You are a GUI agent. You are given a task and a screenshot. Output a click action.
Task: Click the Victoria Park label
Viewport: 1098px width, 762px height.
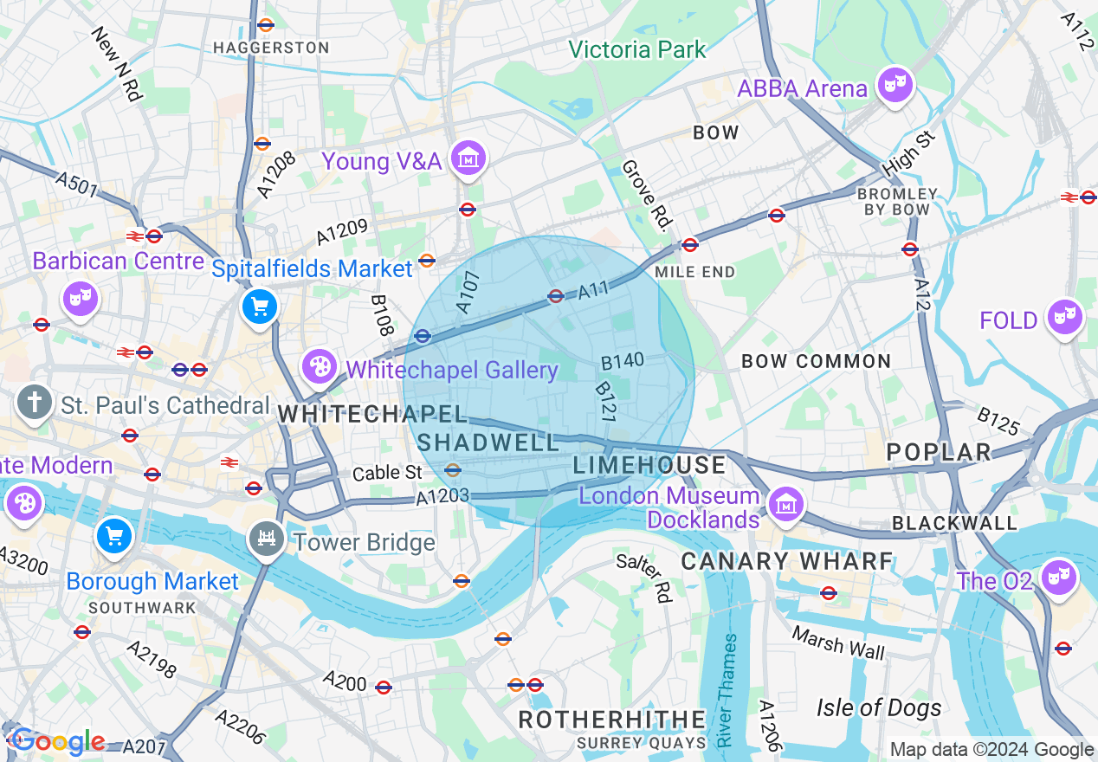click(637, 49)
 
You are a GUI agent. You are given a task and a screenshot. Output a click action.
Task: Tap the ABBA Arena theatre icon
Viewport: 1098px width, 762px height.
click(895, 84)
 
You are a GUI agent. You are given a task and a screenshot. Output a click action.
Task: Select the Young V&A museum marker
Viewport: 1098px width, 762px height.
click(468, 158)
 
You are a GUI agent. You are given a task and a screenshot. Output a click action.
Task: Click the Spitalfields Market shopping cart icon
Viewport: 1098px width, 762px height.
click(260, 307)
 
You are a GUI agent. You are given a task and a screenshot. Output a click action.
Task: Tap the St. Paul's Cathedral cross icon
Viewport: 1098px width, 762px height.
click(35, 403)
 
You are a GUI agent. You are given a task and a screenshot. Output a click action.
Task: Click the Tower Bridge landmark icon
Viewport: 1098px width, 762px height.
click(266, 539)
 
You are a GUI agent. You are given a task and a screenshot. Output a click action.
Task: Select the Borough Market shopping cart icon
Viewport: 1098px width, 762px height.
click(114, 535)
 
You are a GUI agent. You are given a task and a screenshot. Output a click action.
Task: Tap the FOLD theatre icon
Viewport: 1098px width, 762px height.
click(1062, 317)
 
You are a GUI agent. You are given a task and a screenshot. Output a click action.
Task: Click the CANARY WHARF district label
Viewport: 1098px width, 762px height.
click(786, 561)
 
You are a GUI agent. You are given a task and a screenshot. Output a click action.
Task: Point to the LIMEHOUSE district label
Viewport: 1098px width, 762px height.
click(649, 465)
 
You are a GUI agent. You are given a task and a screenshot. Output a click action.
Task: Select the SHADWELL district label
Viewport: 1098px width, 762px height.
click(488, 442)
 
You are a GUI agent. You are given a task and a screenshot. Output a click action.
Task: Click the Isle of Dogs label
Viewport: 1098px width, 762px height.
click(878, 707)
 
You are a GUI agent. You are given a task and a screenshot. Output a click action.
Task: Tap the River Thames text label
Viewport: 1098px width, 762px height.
click(726, 691)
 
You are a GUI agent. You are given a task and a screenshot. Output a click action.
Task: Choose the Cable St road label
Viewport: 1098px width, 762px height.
click(387, 473)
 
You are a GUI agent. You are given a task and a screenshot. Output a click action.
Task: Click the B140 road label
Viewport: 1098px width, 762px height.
click(623, 361)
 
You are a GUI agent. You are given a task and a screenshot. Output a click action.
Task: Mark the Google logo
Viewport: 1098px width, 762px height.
click(57, 741)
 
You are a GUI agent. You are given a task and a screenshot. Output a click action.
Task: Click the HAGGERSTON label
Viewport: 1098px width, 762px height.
click(271, 48)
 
